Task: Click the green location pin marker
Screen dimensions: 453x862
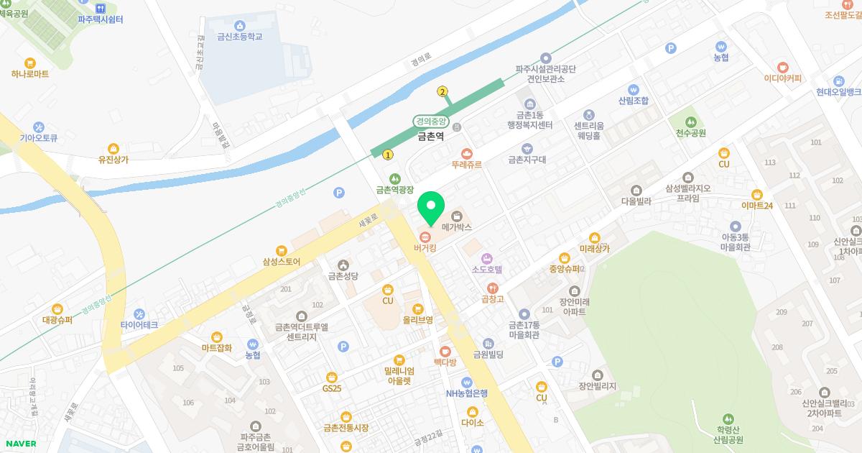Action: pos(431,206)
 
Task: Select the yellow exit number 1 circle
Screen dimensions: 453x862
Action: pos(388,155)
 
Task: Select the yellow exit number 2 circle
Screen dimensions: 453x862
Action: pos(442,91)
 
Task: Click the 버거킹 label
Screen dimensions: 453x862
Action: pos(425,247)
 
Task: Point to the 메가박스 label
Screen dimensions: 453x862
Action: pos(456,226)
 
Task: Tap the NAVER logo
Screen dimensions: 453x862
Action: pos(20,443)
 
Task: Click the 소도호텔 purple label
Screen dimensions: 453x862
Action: pos(486,269)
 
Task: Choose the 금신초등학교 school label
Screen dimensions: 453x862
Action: pos(239,37)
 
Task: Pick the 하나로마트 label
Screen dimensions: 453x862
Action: pos(30,73)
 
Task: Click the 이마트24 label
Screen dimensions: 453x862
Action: pos(756,205)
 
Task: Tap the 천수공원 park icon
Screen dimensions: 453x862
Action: pos(691,121)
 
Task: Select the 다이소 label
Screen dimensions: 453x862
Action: pos(473,422)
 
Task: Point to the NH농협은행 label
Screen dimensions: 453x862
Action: pos(467,393)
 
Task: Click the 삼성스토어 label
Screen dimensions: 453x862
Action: pos(282,262)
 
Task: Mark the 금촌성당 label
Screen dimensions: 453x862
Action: pos(343,275)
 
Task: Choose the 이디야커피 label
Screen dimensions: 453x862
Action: pos(782,78)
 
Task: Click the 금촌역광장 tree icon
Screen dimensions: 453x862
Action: pos(394,178)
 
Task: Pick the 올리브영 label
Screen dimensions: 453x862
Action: pos(417,319)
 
